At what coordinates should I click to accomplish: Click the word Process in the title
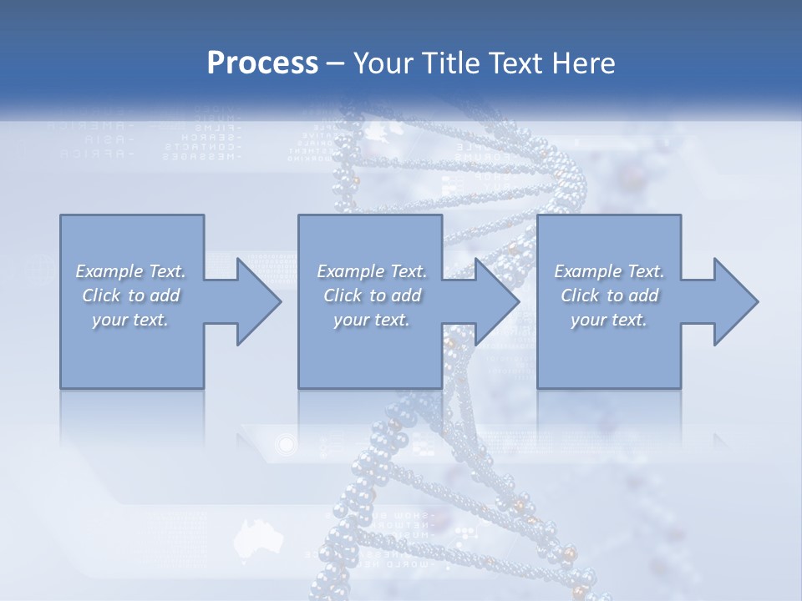point(262,63)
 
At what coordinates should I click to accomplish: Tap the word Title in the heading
point(449,63)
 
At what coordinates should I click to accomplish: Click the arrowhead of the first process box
point(257,301)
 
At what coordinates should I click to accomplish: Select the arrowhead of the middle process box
point(495,301)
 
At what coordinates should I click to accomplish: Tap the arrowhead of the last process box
point(734,301)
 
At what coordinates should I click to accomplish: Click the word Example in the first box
point(109,271)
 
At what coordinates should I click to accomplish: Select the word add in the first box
point(166,295)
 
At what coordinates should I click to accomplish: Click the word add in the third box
point(644,295)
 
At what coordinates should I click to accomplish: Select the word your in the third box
point(588,320)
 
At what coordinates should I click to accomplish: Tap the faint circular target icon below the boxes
point(287,443)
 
